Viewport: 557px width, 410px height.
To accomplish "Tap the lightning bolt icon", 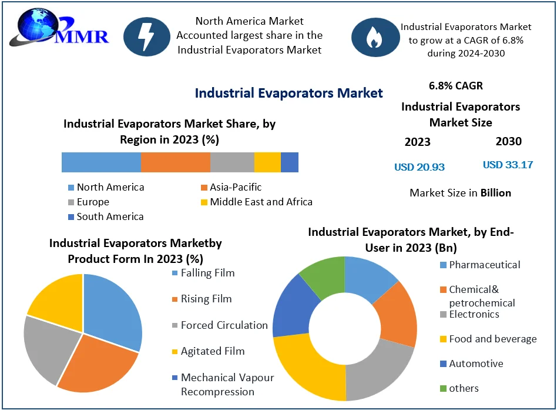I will click(x=146, y=36).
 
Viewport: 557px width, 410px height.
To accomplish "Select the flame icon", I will click(x=374, y=36).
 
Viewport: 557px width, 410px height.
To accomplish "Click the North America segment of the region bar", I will click(x=101, y=162).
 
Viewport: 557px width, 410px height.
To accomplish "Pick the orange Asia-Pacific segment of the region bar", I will click(x=175, y=162).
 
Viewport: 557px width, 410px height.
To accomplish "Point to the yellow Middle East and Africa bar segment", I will click(x=267, y=162).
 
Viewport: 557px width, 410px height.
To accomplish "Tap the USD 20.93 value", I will click(x=419, y=167).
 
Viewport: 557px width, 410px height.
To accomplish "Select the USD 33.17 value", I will click(x=508, y=165).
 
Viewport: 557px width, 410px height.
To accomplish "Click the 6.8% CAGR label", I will click(x=456, y=86).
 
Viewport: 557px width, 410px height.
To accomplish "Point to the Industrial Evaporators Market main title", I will click(x=288, y=93).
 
